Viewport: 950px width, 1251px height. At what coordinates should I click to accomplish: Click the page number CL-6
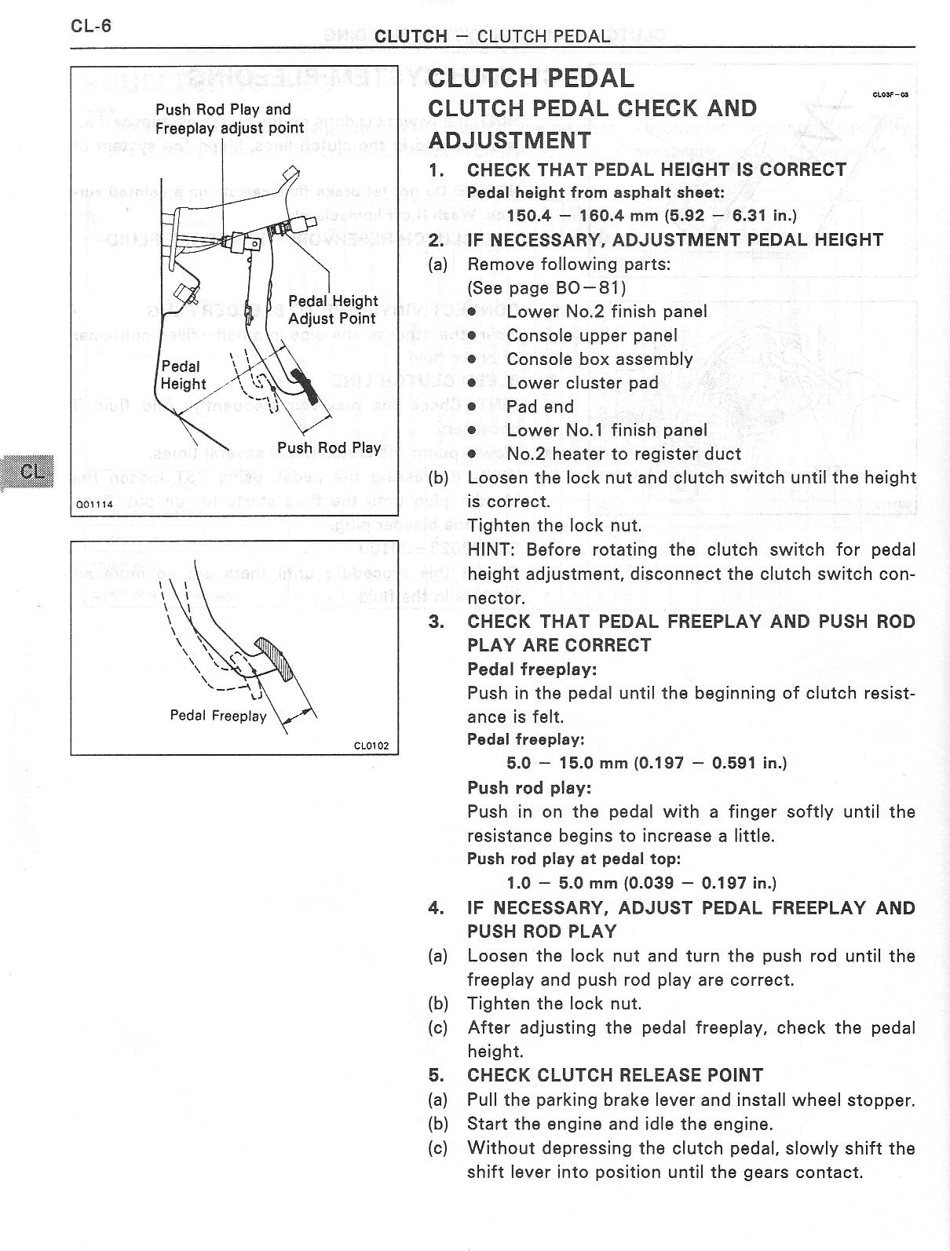click(91, 26)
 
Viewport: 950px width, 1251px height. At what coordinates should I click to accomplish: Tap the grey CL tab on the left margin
click(31, 471)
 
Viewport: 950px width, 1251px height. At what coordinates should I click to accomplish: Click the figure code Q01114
click(94, 505)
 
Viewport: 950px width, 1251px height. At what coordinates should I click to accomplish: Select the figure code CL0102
click(371, 745)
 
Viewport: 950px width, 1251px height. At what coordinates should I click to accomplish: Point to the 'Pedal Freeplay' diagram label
click(217, 716)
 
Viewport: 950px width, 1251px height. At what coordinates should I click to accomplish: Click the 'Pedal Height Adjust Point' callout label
click(333, 309)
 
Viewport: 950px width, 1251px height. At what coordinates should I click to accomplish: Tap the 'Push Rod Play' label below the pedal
click(328, 447)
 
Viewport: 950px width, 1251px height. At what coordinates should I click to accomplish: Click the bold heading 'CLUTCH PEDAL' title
click(530, 78)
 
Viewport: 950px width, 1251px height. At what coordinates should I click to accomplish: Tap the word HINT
click(491, 549)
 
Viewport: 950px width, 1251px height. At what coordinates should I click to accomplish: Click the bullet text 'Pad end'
click(540, 407)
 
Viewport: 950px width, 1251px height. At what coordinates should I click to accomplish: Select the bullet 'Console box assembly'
click(599, 359)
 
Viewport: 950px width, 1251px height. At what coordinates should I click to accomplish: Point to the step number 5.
click(437, 1075)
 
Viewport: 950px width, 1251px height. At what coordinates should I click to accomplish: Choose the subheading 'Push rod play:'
click(528, 787)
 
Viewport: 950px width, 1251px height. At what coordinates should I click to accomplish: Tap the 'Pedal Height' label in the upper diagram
click(183, 375)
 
